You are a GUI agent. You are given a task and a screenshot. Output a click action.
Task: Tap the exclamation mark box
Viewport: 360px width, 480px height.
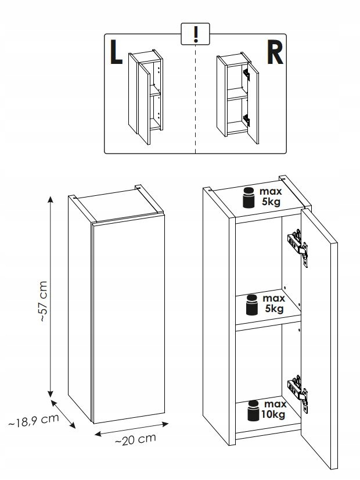[195, 34]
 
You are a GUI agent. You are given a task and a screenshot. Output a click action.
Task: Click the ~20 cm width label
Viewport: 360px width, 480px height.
[135, 440]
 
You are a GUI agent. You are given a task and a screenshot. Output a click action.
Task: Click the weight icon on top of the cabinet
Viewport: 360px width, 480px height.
[249, 198]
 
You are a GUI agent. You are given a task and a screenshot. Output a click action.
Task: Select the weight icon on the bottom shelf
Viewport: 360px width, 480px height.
[253, 410]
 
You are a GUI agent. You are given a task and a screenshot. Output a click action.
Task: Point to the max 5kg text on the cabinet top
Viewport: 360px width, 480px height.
[270, 197]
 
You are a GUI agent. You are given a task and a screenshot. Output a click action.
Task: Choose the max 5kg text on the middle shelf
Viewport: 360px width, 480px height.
[273, 304]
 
